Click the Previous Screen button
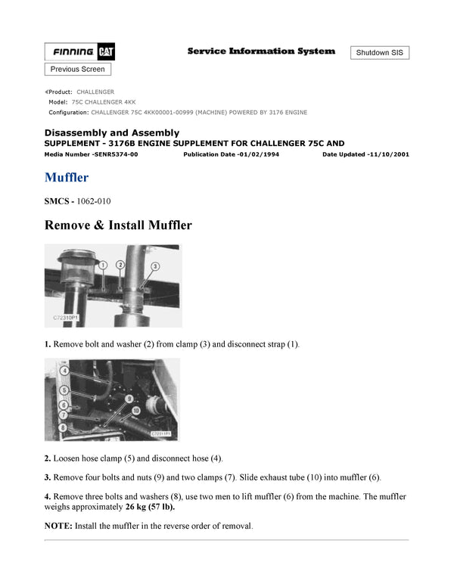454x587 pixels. tap(78, 69)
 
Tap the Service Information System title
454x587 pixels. tap(261, 51)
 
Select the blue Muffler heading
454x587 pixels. tap(67, 178)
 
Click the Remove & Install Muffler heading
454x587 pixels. tap(118, 225)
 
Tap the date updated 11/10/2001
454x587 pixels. tap(387, 154)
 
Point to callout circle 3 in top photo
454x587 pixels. tap(154, 266)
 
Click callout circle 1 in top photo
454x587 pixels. tap(103, 265)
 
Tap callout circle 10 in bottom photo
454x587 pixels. tap(137, 410)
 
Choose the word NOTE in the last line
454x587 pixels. tap(58, 526)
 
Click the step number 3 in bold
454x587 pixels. tap(48, 477)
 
